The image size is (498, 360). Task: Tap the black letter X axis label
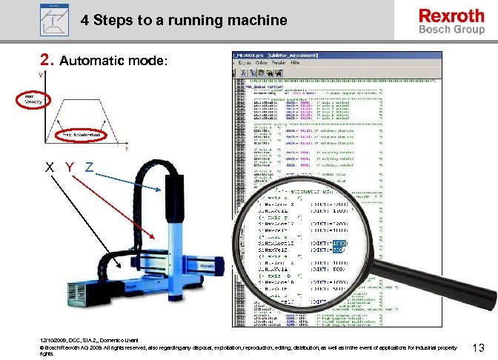[x=48, y=167]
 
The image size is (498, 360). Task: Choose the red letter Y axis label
[x=69, y=167]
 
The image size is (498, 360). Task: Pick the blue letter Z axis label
[x=88, y=167]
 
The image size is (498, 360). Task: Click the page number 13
[x=478, y=348]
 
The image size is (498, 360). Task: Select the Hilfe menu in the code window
[x=295, y=64]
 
